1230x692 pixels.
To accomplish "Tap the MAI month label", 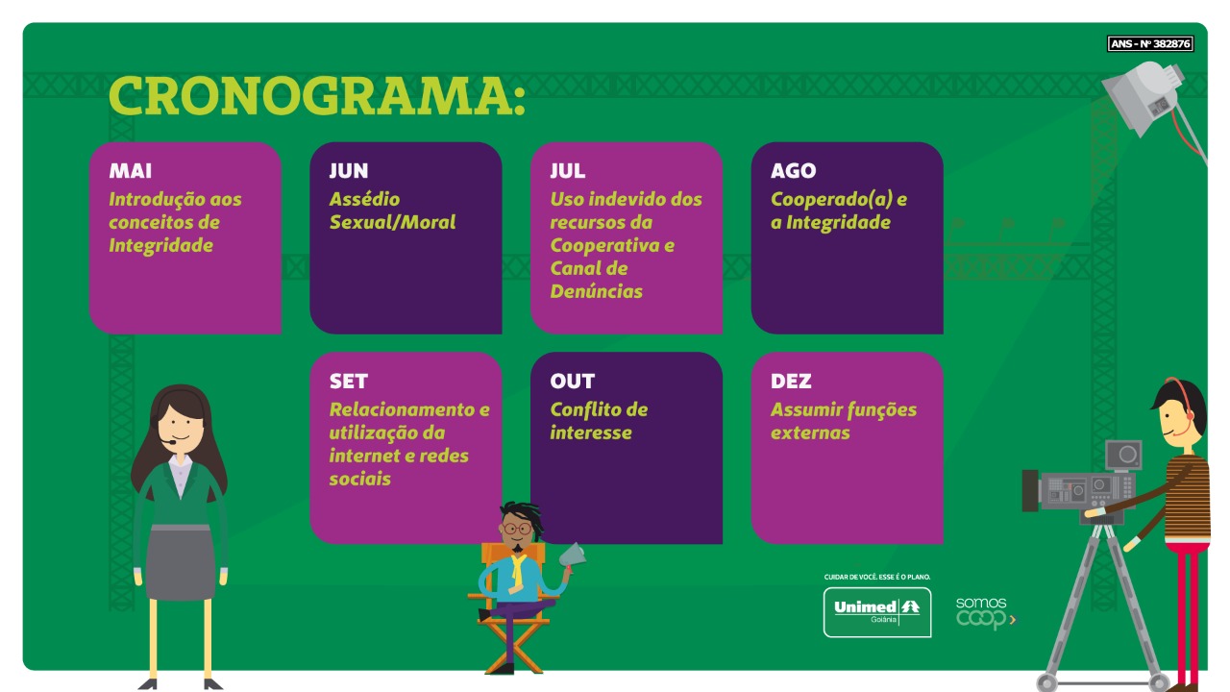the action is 130,171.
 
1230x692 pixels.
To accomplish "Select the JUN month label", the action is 349,171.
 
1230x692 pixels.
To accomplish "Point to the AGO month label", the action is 793,171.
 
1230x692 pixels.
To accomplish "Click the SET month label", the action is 349,382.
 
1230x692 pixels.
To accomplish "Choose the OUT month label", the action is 572,382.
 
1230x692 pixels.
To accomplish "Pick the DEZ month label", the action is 791,382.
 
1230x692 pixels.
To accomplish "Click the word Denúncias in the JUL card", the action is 597,291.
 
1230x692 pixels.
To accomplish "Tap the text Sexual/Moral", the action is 392,222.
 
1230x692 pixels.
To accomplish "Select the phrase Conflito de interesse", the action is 599,421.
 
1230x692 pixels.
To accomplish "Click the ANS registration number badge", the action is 1150,43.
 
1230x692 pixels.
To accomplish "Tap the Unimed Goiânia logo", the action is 877,612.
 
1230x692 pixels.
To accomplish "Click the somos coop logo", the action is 986,613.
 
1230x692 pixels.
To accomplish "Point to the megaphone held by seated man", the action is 572,556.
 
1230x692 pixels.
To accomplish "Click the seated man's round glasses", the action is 517,530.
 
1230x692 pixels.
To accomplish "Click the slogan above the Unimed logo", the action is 877,577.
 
